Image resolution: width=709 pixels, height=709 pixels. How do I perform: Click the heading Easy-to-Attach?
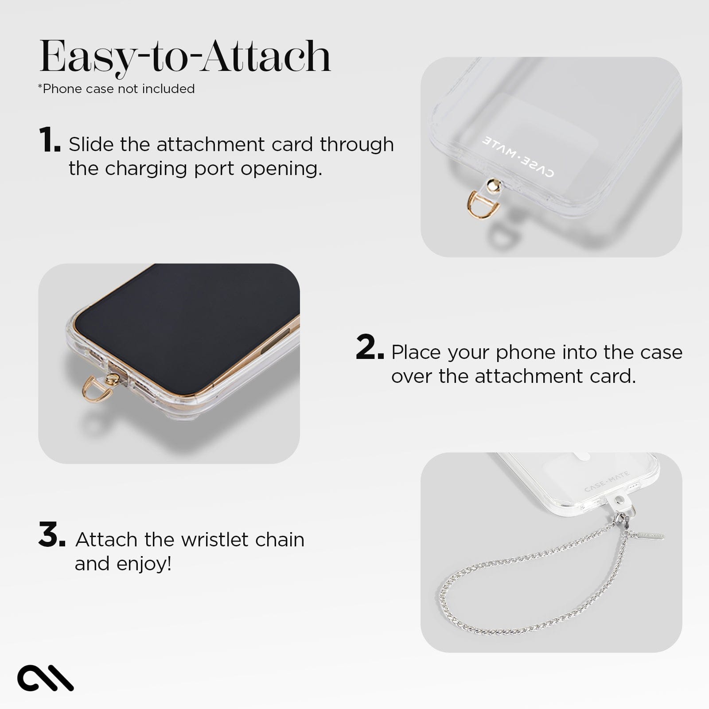pyautogui.click(x=185, y=57)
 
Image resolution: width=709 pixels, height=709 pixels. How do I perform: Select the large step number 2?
pyautogui.click(x=369, y=348)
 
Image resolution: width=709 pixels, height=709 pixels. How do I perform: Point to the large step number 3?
pyautogui.click(x=51, y=535)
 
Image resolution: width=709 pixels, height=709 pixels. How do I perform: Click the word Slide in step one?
pyautogui.click(x=91, y=144)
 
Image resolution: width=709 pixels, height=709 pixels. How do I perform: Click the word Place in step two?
pyautogui.click(x=417, y=352)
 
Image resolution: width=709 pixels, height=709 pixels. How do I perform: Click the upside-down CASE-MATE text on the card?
pyautogui.click(x=517, y=157)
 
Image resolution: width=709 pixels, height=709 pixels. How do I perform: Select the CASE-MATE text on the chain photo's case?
pyautogui.click(x=607, y=482)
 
